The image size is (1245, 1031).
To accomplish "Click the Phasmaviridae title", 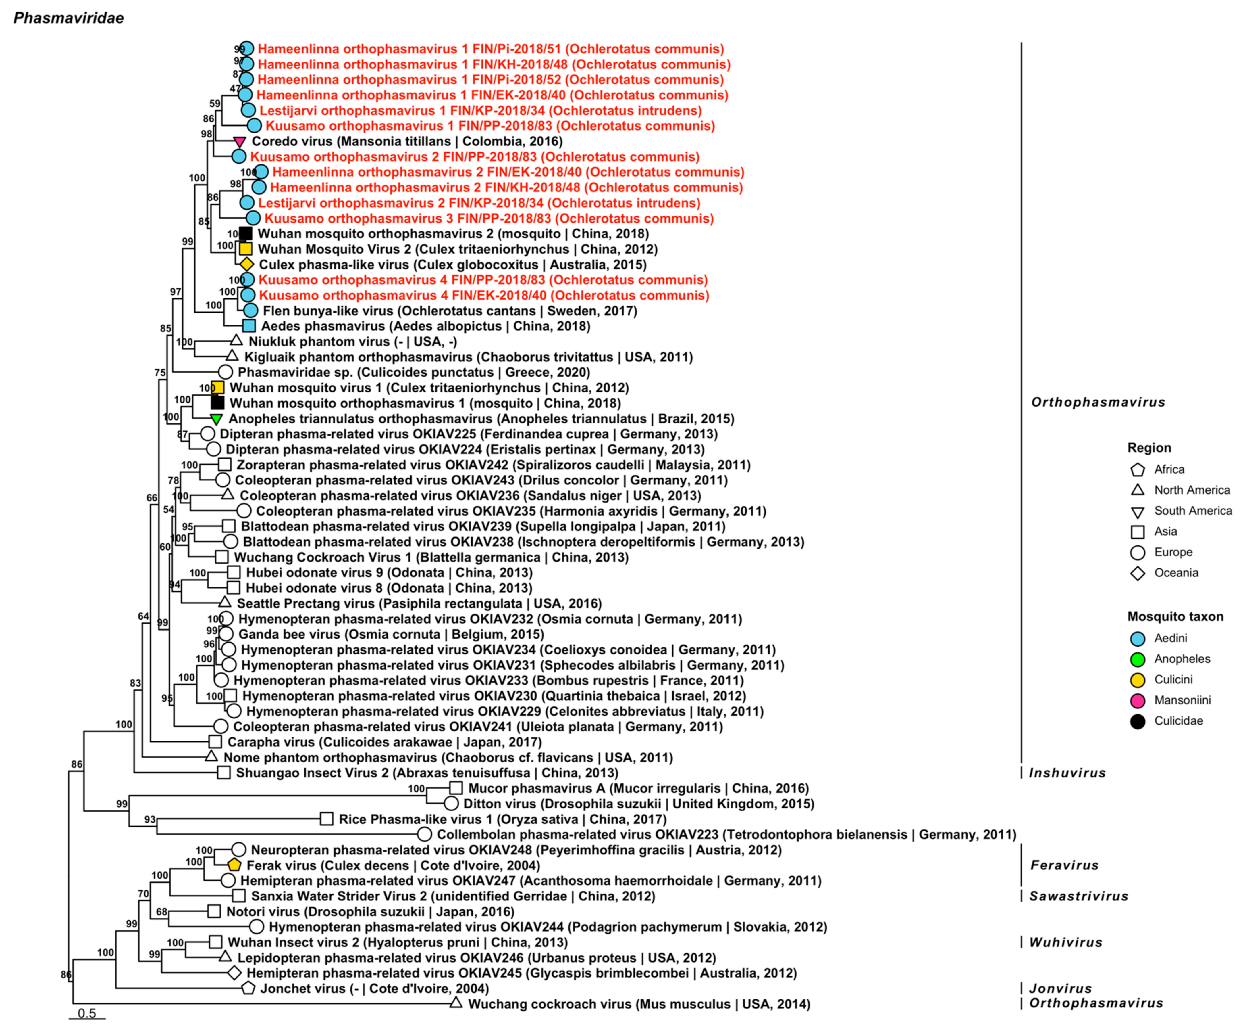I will pyautogui.click(x=69, y=18).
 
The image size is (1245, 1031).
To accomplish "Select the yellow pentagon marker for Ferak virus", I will pyautogui.click(x=234, y=865).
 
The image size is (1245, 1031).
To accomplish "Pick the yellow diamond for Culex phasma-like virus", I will pyautogui.click(x=247, y=265).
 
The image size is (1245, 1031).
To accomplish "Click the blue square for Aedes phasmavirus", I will pyautogui.click(x=249, y=326).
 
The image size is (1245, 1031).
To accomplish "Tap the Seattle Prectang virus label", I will pyautogui.click(x=419, y=603).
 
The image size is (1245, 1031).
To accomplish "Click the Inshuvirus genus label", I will pyautogui.click(x=1067, y=773).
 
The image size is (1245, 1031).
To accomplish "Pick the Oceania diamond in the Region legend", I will pyautogui.click(x=1137, y=573).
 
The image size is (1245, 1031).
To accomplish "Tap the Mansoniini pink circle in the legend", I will pyautogui.click(x=1137, y=701).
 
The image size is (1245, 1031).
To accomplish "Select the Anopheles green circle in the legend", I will pyautogui.click(x=1137, y=659).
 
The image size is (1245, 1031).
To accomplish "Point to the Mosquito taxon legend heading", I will pyautogui.click(x=1175, y=616).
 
